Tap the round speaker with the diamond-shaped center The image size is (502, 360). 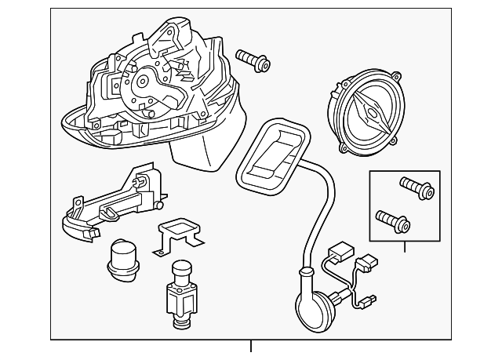click(x=366, y=111)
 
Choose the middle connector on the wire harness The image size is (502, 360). click(x=366, y=264)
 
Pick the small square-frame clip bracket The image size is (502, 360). click(x=176, y=232)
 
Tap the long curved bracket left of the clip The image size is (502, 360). click(x=110, y=204)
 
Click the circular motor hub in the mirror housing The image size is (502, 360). click(x=144, y=81)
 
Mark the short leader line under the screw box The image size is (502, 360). click(x=405, y=246)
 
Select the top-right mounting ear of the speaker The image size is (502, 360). click(x=398, y=79)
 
